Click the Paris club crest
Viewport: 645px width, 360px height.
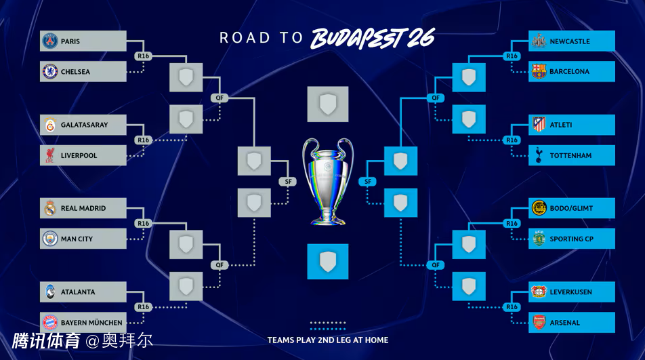49,41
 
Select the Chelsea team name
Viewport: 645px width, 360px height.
75,72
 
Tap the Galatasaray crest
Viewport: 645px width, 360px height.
49,125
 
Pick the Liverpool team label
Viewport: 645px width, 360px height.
79,156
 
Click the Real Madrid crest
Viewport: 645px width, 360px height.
49,208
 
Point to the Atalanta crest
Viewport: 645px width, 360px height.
49,292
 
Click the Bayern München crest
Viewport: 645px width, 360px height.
49,323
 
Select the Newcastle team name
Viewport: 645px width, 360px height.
569,41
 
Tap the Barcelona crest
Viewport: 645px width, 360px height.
539,72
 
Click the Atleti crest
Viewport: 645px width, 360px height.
539,125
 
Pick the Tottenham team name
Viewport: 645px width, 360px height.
570,156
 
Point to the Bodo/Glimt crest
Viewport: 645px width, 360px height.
539,208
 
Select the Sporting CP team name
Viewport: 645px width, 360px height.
572,239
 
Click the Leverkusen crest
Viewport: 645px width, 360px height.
539,292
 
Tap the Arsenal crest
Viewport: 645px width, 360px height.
539,323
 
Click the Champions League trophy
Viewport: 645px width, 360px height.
328,180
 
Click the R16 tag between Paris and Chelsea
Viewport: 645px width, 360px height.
143,56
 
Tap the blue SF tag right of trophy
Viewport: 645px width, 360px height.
368,182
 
